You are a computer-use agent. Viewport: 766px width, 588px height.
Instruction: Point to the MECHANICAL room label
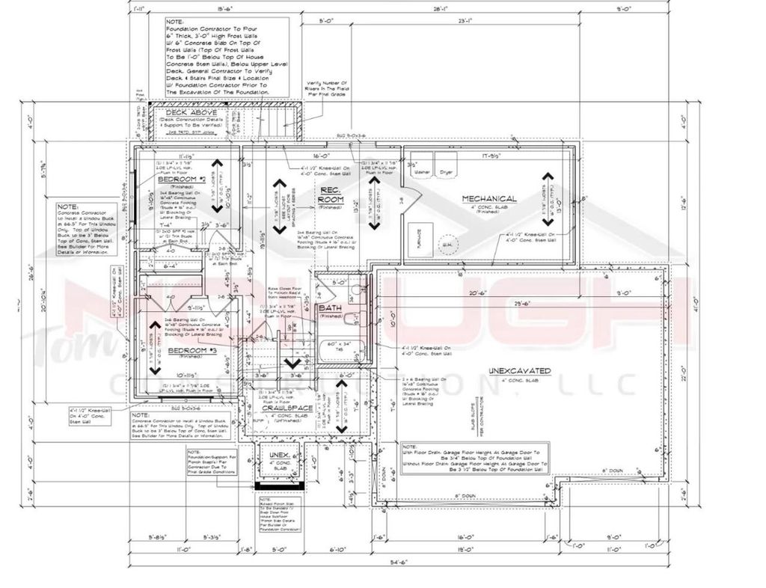click(489, 198)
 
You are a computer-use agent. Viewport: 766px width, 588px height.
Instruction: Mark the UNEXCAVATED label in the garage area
click(520, 370)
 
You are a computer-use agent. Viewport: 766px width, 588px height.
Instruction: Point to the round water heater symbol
click(447, 243)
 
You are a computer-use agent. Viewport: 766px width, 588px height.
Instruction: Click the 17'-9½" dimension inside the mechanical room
click(491, 156)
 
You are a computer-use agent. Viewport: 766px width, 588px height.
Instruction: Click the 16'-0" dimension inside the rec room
click(324, 156)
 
